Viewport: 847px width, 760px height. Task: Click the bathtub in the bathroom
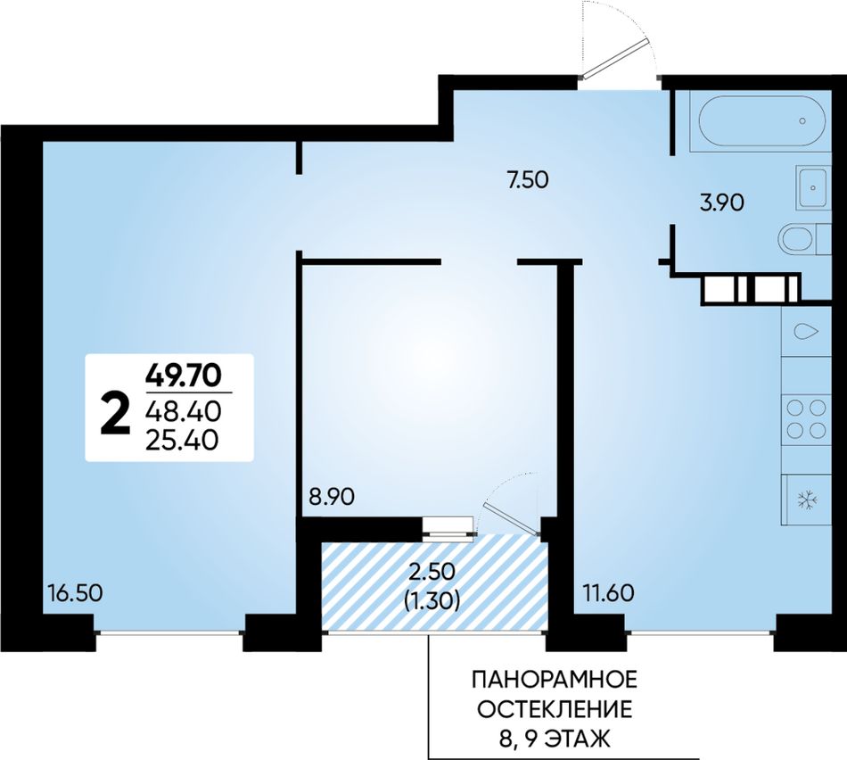(x=762, y=121)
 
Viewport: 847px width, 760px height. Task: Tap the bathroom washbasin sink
(x=813, y=187)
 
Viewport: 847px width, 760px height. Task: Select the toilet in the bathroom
(x=804, y=238)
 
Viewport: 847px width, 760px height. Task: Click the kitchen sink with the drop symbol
(x=807, y=331)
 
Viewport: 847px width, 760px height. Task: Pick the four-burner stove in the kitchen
(x=807, y=418)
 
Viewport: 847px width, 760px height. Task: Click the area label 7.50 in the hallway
(x=528, y=179)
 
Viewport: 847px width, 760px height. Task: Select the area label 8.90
(x=332, y=496)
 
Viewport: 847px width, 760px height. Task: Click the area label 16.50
(x=75, y=593)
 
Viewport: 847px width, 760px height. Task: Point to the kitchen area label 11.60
(x=608, y=593)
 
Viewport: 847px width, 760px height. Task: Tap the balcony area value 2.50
(x=432, y=571)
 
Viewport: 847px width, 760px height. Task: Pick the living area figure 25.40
(x=183, y=441)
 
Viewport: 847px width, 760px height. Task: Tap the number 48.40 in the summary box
(x=184, y=412)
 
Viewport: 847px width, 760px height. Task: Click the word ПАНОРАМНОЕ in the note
(x=555, y=679)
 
